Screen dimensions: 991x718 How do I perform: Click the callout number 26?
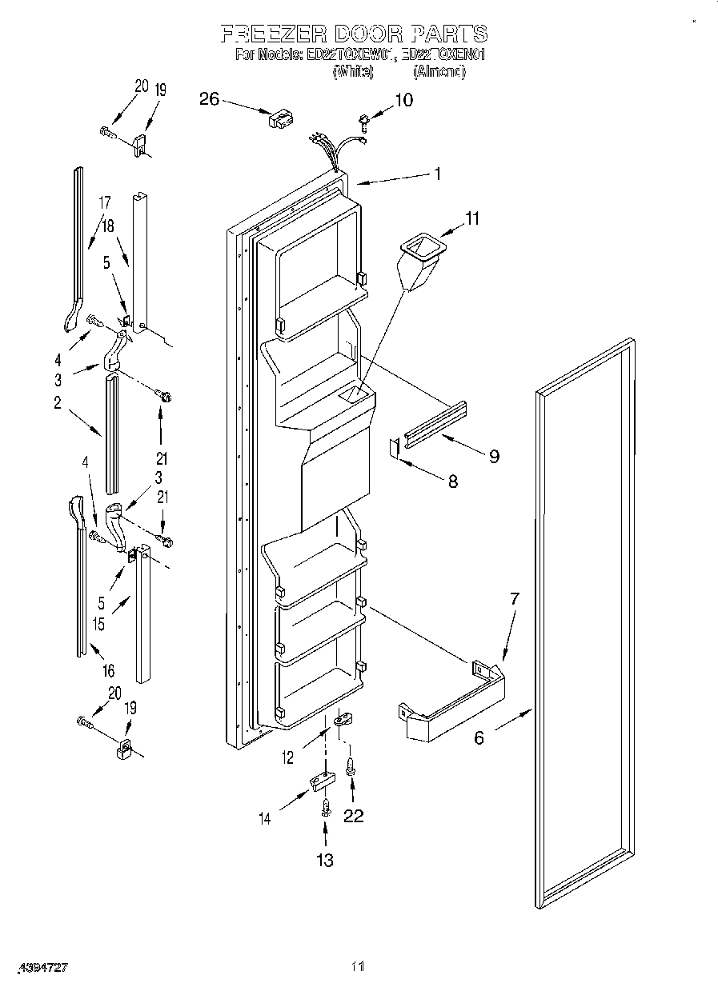point(208,99)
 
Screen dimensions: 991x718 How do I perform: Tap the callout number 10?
point(403,100)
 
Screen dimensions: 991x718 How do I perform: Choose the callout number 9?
point(494,456)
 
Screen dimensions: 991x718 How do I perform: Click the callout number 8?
point(453,482)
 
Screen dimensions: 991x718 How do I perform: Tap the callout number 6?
point(479,737)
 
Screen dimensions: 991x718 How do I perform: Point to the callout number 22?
point(353,816)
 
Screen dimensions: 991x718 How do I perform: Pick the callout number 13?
point(324,860)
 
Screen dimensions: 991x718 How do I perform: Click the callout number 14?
point(264,817)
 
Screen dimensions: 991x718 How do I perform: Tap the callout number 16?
point(108,670)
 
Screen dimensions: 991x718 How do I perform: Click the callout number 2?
point(58,403)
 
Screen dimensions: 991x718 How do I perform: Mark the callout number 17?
point(104,203)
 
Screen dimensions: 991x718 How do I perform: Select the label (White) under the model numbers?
point(353,72)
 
